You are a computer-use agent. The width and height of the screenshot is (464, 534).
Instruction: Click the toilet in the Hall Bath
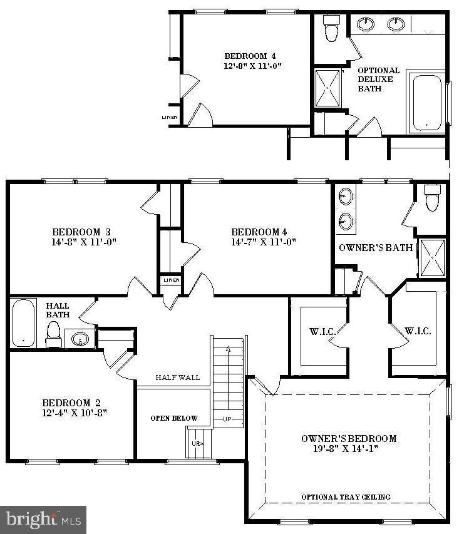[x=53, y=334]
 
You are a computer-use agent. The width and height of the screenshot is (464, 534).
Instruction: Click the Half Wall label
[x=178, y=377]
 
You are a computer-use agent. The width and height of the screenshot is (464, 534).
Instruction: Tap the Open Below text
[x=174, y=418]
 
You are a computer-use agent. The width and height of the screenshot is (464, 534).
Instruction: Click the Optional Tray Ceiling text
[x=346, y=497]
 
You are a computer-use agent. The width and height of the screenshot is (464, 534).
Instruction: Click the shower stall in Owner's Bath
[x=432, y=257]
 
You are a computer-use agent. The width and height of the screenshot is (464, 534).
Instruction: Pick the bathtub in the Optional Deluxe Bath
[x=427, y=103]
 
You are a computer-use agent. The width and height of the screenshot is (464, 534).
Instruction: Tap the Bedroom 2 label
[x=71, y=403]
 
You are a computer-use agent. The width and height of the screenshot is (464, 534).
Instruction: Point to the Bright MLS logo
[x=44, y=519]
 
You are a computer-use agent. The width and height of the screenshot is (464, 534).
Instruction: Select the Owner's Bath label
[x=376, y=247]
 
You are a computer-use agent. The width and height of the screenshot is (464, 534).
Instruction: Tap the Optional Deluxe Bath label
[x=378, y=80]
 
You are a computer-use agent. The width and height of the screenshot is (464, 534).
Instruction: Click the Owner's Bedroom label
[x=349, y=438]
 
